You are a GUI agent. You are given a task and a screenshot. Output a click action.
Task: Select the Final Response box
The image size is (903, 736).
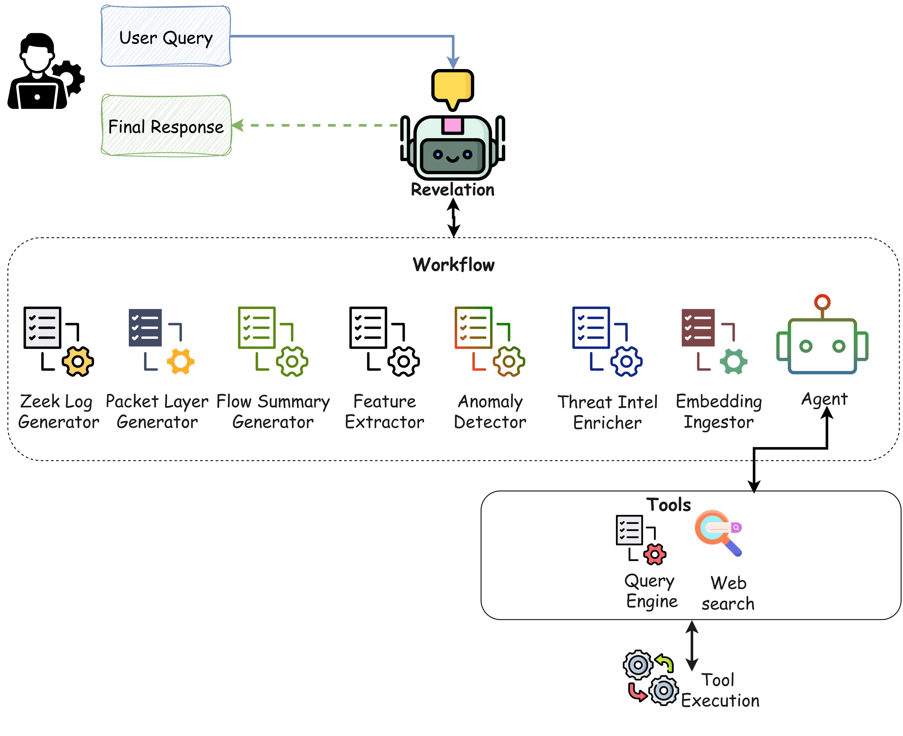point(166,126)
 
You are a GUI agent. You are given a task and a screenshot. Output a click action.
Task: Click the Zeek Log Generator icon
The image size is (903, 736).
point(59,341)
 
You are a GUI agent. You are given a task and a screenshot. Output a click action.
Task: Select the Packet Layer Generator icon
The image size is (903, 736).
point(161,341)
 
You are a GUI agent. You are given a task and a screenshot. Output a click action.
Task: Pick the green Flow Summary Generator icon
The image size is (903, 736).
point(272,341)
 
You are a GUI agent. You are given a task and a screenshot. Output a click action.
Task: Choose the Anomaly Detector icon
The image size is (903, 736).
point(489,341)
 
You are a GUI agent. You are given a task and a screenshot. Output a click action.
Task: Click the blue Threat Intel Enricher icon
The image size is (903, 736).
point(607,341)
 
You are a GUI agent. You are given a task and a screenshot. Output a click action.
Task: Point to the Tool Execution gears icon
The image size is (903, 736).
point(650,677)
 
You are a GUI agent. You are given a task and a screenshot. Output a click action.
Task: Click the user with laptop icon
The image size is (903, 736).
point(45,72)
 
